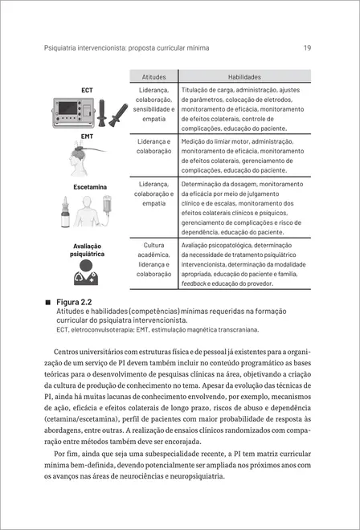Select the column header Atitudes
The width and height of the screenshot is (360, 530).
153,75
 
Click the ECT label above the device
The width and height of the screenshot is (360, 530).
87,89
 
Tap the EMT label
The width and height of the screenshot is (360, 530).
87,138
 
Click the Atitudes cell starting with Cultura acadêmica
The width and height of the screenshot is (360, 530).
153,259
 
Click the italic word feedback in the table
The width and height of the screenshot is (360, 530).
194,283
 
